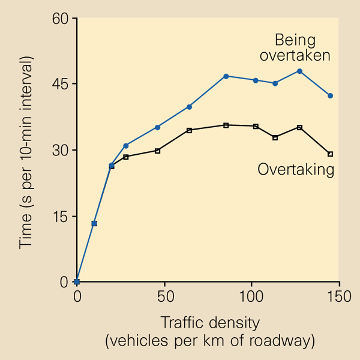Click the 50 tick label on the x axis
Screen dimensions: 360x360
click(x=164, y=296)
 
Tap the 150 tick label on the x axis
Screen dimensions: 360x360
click(x=338, y=296)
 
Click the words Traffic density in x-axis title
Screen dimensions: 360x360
click(x=210, y=323)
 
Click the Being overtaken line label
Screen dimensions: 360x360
click(x=303, y=48)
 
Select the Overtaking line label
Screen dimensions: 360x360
click(x=296, y=170)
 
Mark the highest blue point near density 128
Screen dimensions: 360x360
click(x=299, y=71)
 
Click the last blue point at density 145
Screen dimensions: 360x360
click(x=330, y=96)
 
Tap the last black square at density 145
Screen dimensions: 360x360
click(x=330, y=154)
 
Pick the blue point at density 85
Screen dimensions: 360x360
click(x=226, y=76)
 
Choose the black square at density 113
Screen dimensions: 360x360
click(x=275, y=137)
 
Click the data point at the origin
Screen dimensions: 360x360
click(x=77, y=281)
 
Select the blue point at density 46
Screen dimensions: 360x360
click(x=157, y=127)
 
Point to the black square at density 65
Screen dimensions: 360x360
click(x=189, y=130)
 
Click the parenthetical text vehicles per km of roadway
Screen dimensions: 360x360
click(x=210, y=341)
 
